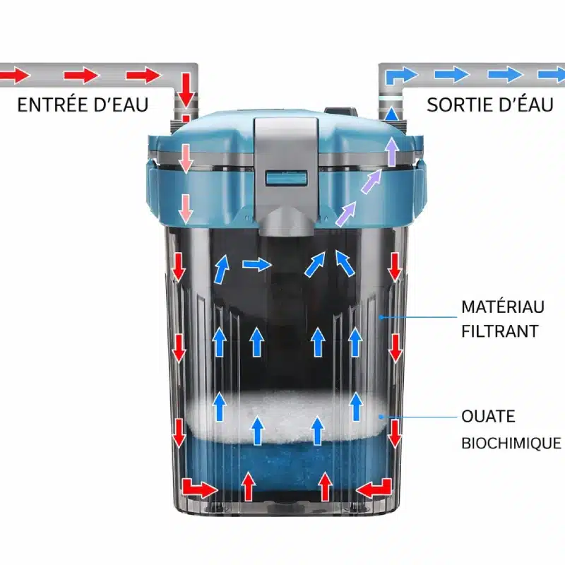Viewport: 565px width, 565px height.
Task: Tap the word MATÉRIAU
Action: (503, 307)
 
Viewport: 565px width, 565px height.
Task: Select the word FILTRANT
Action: (500, 331)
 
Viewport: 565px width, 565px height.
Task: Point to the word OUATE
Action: (488, 417)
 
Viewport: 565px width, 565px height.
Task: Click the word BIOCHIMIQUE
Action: (511, 444)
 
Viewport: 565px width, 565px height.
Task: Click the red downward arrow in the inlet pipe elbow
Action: (186, 90)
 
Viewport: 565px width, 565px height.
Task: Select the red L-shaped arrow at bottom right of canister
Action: (374, 489)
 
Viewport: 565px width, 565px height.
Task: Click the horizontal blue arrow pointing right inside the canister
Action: (257, 265)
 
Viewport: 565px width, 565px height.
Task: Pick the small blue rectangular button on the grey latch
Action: (287, 179)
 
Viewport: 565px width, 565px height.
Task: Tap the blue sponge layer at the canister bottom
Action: (285, 465)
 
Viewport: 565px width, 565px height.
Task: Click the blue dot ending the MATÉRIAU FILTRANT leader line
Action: (381, 317)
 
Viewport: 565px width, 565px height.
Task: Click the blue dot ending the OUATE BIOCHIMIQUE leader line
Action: (381, 417)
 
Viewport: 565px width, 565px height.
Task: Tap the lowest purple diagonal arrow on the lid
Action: (345, 215)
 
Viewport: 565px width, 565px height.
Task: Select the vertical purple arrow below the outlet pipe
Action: (392, 151)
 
